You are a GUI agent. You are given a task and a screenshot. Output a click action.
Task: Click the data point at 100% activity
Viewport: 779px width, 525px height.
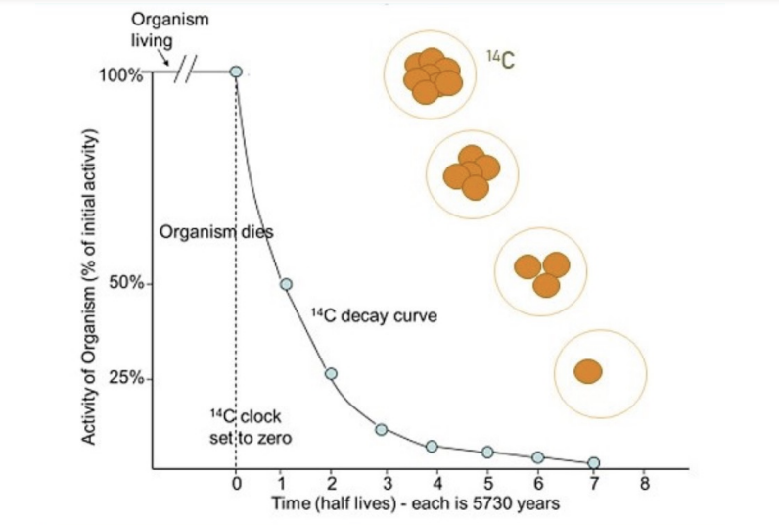click(x=236, y=72)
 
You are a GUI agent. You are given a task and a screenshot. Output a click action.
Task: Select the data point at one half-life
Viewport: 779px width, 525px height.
click(x=286, y=284)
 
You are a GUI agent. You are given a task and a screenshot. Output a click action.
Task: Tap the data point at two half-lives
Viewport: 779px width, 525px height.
click(x=331, y=374)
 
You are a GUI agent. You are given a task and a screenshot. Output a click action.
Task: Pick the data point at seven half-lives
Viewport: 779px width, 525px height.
click(x=593, y=462)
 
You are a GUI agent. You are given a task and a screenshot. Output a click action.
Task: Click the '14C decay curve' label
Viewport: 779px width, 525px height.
click(x=373, y=316)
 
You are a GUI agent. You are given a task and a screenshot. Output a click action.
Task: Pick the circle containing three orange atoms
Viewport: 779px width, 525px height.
click(x=541, y=271)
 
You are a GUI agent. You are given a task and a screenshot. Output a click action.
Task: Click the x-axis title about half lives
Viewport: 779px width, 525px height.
click(x=416, y=503)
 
